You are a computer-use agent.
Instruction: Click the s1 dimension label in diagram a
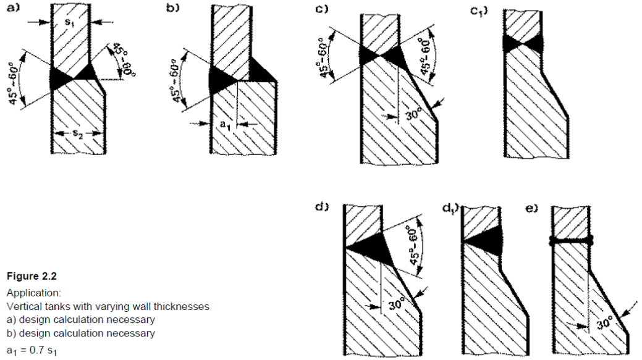pos(70,22)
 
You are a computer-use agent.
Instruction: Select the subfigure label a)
pos(12,8)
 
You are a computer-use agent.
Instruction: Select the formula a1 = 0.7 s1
pos(34,353)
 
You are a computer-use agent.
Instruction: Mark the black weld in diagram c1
pos(524,43)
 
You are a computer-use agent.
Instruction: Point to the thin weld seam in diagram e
pos(571,241)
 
